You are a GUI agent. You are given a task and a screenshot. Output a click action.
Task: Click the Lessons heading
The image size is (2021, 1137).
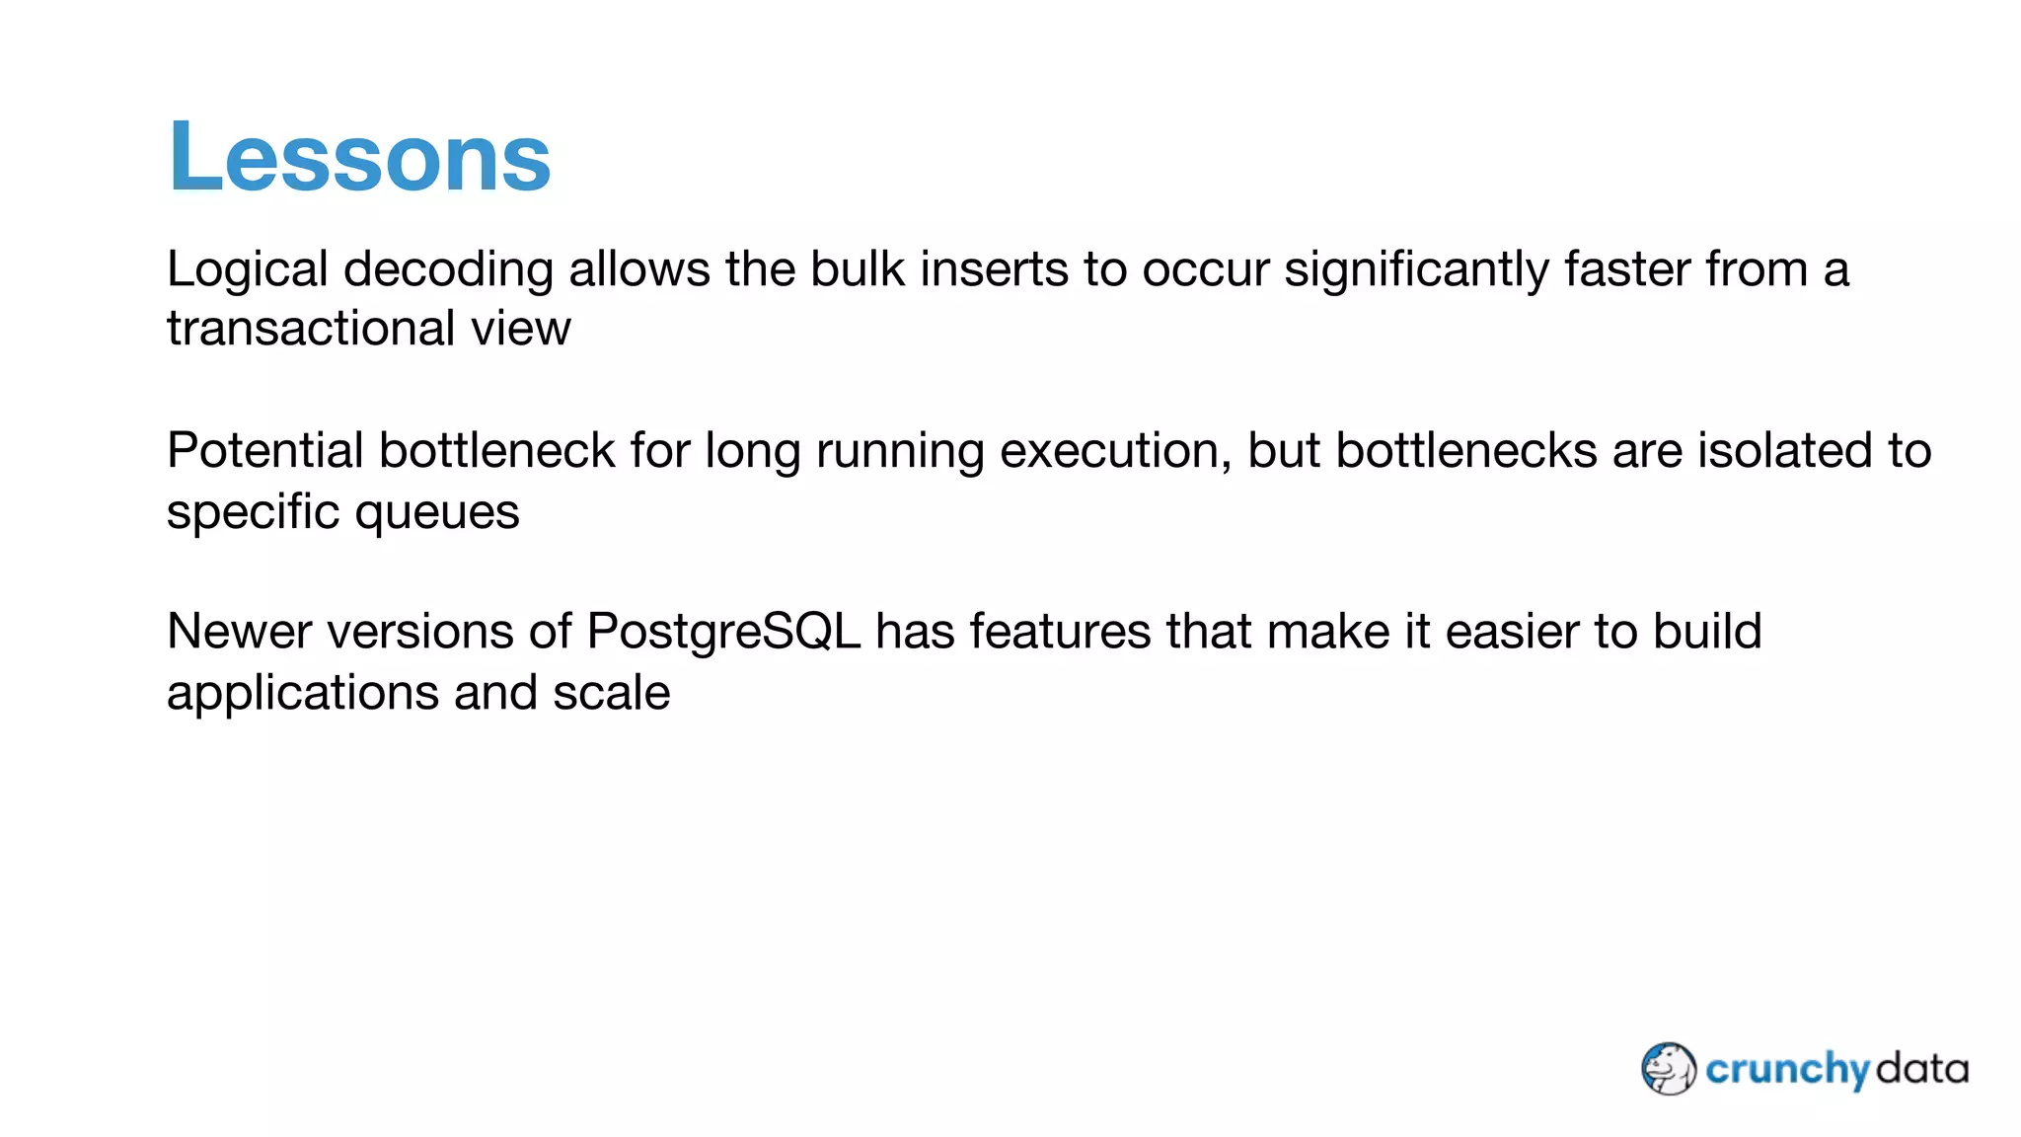coord(359,157)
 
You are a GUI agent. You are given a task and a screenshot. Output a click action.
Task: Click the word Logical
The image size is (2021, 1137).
coord(247,269)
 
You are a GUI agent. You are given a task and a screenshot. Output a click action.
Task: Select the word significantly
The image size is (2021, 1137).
coord(1415,269)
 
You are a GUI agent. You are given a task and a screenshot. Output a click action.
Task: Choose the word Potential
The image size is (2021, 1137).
coord(264,451)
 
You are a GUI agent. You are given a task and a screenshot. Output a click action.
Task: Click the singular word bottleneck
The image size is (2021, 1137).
coord(496,451)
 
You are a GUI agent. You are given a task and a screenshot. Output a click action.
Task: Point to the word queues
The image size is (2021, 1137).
coord(436,512)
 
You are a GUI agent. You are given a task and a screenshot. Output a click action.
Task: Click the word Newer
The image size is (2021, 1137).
coord(240,632)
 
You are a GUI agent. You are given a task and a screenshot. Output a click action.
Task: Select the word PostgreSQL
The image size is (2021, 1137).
coord(723,632)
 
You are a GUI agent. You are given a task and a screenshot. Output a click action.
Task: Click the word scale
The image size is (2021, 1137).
coord(611,693)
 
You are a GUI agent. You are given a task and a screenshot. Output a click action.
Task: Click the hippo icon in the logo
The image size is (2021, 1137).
coord(1668,1069)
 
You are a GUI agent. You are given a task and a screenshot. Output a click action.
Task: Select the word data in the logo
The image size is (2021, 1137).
coord(1920,1069)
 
